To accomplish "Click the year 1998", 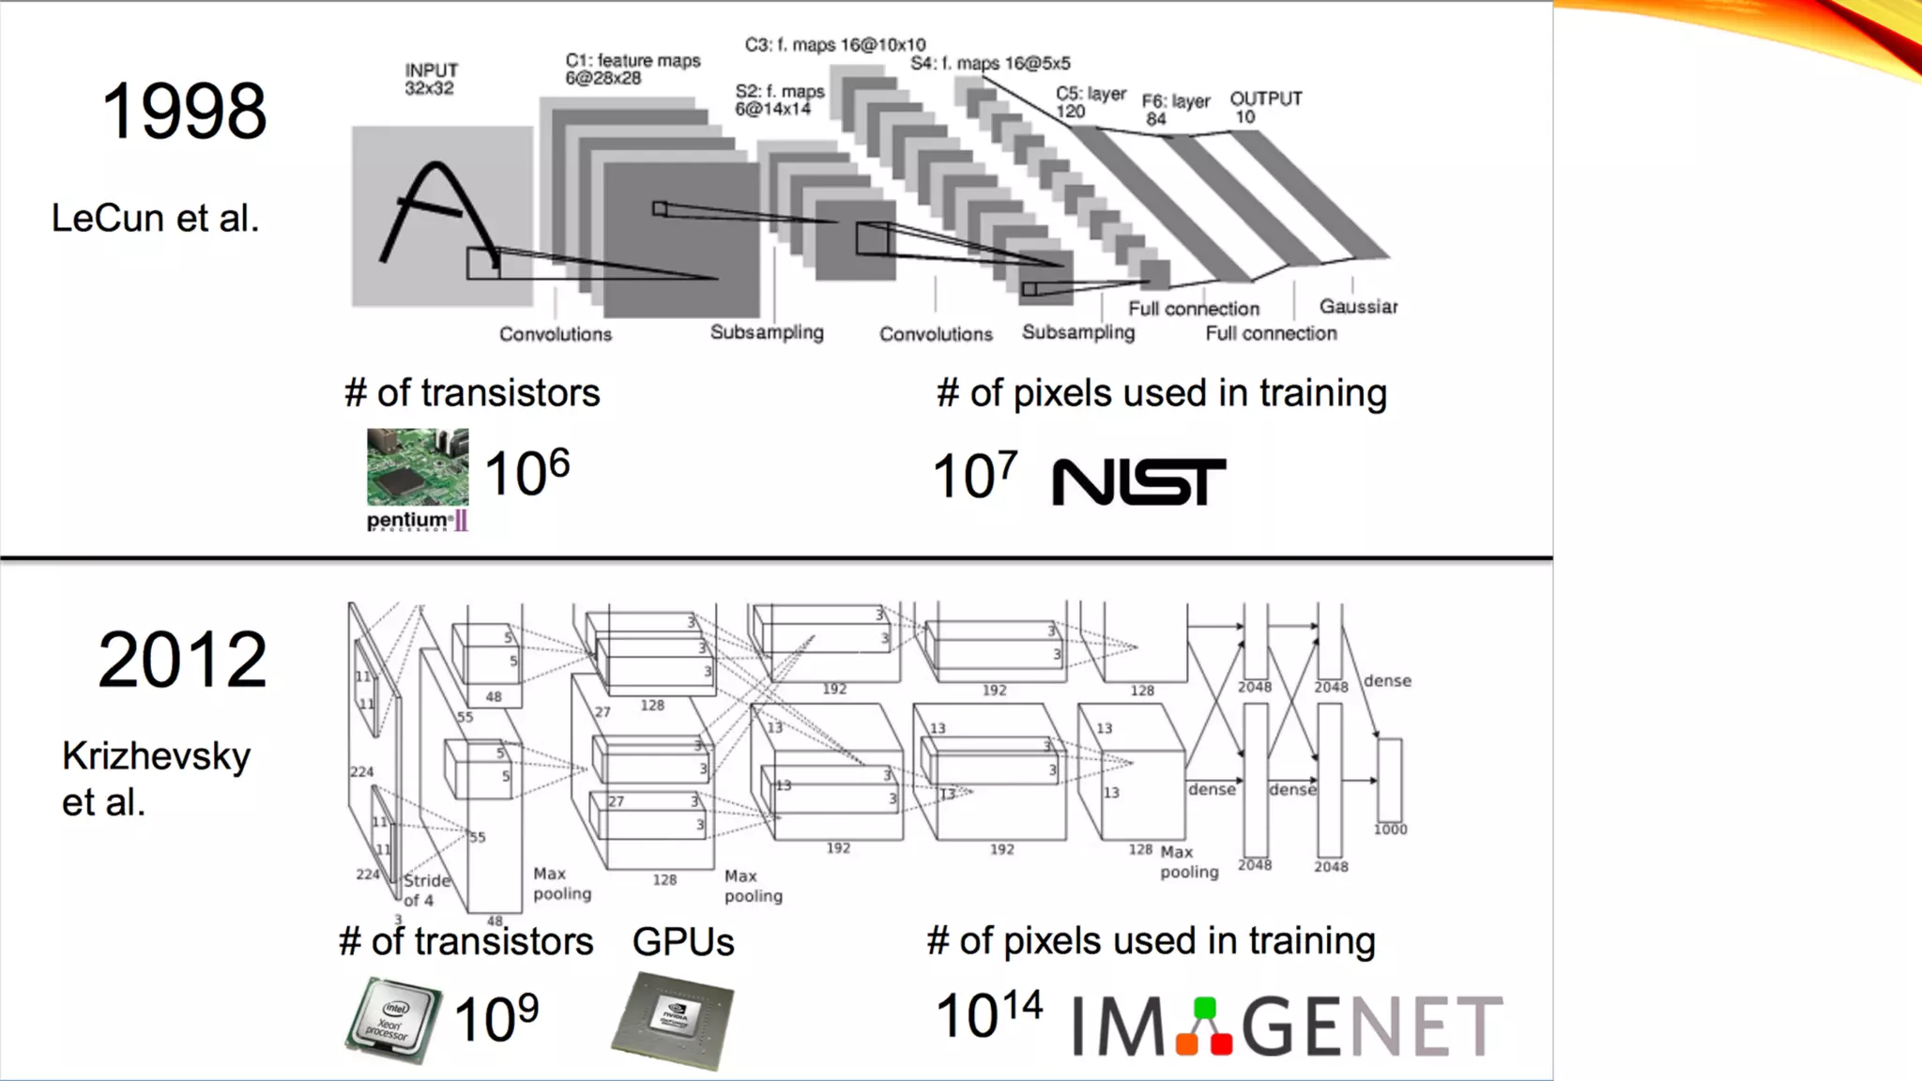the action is click(184, 112).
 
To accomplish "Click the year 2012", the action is click(183, 660).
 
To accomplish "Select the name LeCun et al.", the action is click(155, 219).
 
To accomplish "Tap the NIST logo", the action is click(1138, 481).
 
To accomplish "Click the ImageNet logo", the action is click(1287, 1026).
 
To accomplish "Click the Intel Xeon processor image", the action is click(393, 1020).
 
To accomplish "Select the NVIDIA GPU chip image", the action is click(673, 1021).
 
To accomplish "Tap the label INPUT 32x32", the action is click(431, 80).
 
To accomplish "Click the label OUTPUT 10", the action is click(1265, 107).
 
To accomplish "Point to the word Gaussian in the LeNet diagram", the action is click(1358, 307).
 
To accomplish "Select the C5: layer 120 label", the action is click(1090, 102).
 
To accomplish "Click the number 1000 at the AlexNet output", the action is click(1390, 830).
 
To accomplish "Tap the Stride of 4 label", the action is click(427, 891).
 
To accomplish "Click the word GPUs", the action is click(683, 941).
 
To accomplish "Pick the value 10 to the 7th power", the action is click(974, 475).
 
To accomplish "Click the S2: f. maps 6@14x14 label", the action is click(779, 100).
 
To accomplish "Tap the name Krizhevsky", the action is click(157, 756).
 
